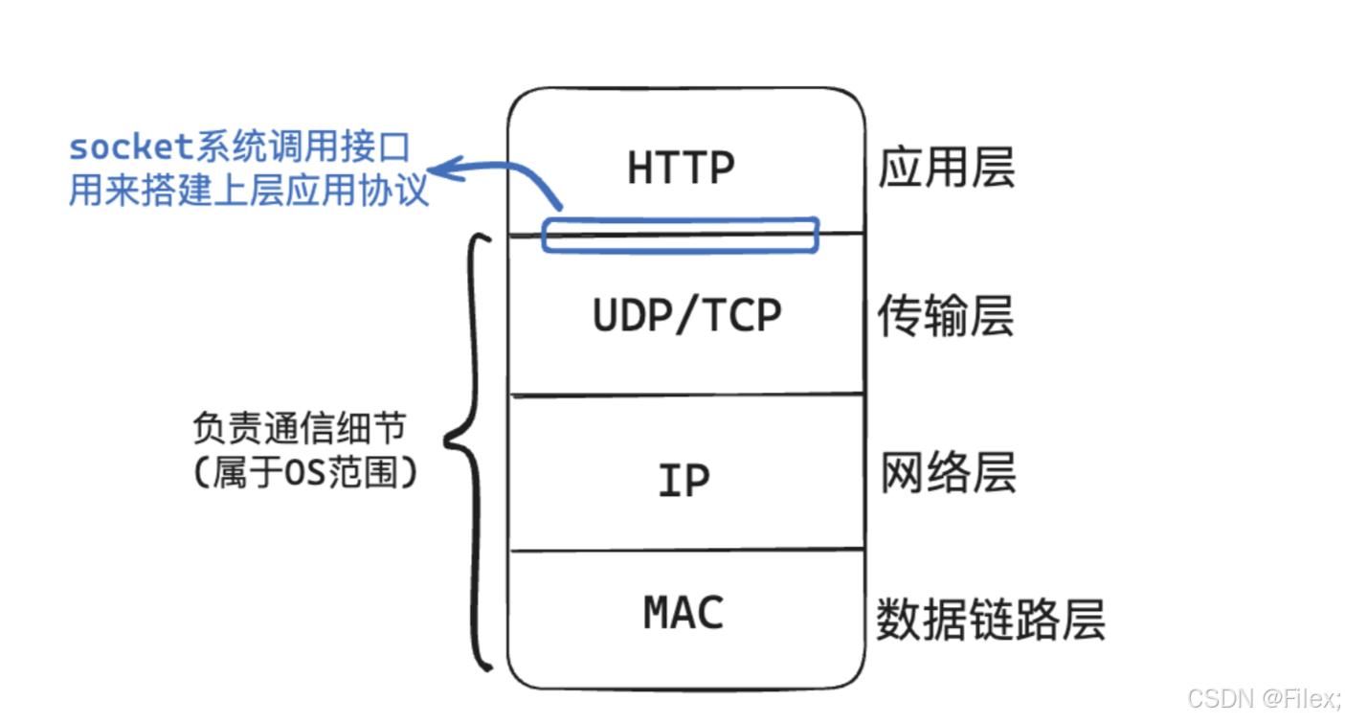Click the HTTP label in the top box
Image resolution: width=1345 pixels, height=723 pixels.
click(x=681, y=169)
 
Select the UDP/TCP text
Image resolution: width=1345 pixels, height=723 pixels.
click(x=686, y=316)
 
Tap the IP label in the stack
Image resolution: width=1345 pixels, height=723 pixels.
click(x=684, y=480)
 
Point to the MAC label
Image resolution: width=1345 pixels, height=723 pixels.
click(x=684, y=613)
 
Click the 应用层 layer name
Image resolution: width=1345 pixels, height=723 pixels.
click(x=946, y=169)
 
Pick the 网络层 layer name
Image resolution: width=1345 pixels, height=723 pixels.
click(x=947, y=474)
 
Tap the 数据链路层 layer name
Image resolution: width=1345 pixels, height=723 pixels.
click(x=990, y=620)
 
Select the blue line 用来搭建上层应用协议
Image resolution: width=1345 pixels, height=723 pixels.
click(x=248, y=191)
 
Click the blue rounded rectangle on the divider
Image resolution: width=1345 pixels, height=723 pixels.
click(x=681, y=236)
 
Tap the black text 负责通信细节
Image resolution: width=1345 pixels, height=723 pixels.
click(x=299, y=428)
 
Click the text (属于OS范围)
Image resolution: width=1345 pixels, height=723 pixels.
click(x=305, y=473)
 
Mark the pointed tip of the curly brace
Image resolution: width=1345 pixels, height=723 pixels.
click(x=448, y=442)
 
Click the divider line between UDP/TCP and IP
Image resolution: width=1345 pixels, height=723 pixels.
click(x=685, y=394)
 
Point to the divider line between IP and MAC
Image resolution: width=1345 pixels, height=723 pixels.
click(x=685, y=551)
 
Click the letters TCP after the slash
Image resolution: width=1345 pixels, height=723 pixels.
click(x=743, y=316)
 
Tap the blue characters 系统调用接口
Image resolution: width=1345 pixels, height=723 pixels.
click(x=303, y=147)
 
